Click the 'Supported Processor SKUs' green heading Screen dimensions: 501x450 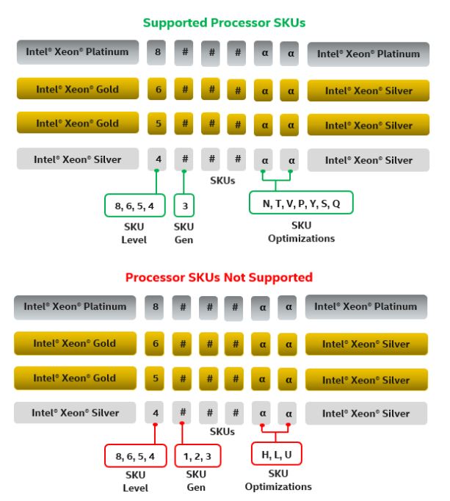[x=224, y=23]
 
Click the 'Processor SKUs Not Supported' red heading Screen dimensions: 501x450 [x=219, y=277]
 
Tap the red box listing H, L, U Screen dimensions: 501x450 [x=277, y=455]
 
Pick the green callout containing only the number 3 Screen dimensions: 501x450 [x=185, y=206]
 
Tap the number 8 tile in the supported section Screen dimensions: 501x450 [x=158, y=52]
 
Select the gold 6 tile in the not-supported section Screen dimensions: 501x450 [x=156, y=343]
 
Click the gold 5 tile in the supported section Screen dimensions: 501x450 [x=158, y=123]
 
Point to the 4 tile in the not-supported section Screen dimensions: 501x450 [x=156, y=413]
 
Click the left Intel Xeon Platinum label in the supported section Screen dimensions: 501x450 [x=78, y=52]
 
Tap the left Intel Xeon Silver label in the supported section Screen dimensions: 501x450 [x=78, y=159]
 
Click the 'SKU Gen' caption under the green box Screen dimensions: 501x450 [x=184, y=234]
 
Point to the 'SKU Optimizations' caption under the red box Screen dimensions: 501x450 [x=278, y=480]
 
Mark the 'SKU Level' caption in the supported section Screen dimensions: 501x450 [x=134, y=234]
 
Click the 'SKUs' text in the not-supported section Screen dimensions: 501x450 [x=222, y=431]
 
